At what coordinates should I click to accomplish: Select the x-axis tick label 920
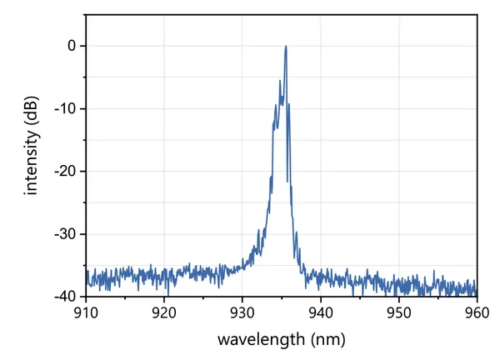(x=164, y=312)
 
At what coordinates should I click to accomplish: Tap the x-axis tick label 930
(x=242, y=312)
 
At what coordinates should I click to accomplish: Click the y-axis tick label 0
(x=71, y=46)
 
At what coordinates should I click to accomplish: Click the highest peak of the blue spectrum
(x=286, y=47)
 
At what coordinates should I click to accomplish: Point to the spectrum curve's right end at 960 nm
(x=476, y=290)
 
